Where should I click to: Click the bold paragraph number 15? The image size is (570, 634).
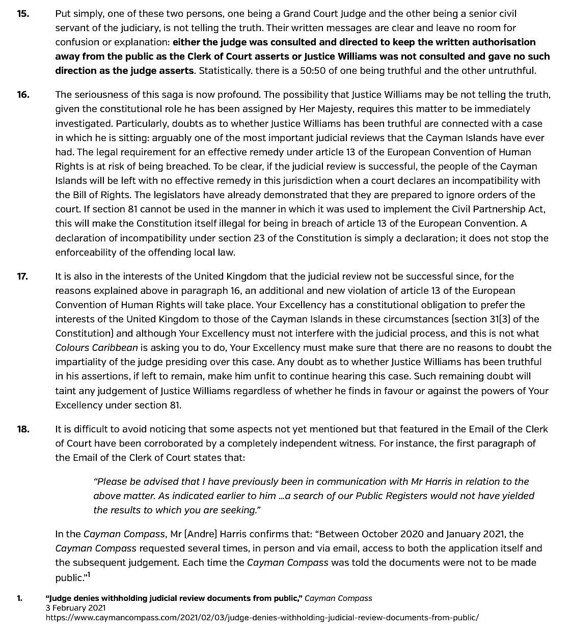[x=23, y=13]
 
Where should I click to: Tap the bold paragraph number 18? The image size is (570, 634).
[x=23, y=429]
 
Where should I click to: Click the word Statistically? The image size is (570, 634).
[x=221, y=70]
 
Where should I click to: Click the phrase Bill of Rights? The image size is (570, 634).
[x=99, y=195]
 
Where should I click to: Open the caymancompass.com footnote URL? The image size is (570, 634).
[x=262, y=617]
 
